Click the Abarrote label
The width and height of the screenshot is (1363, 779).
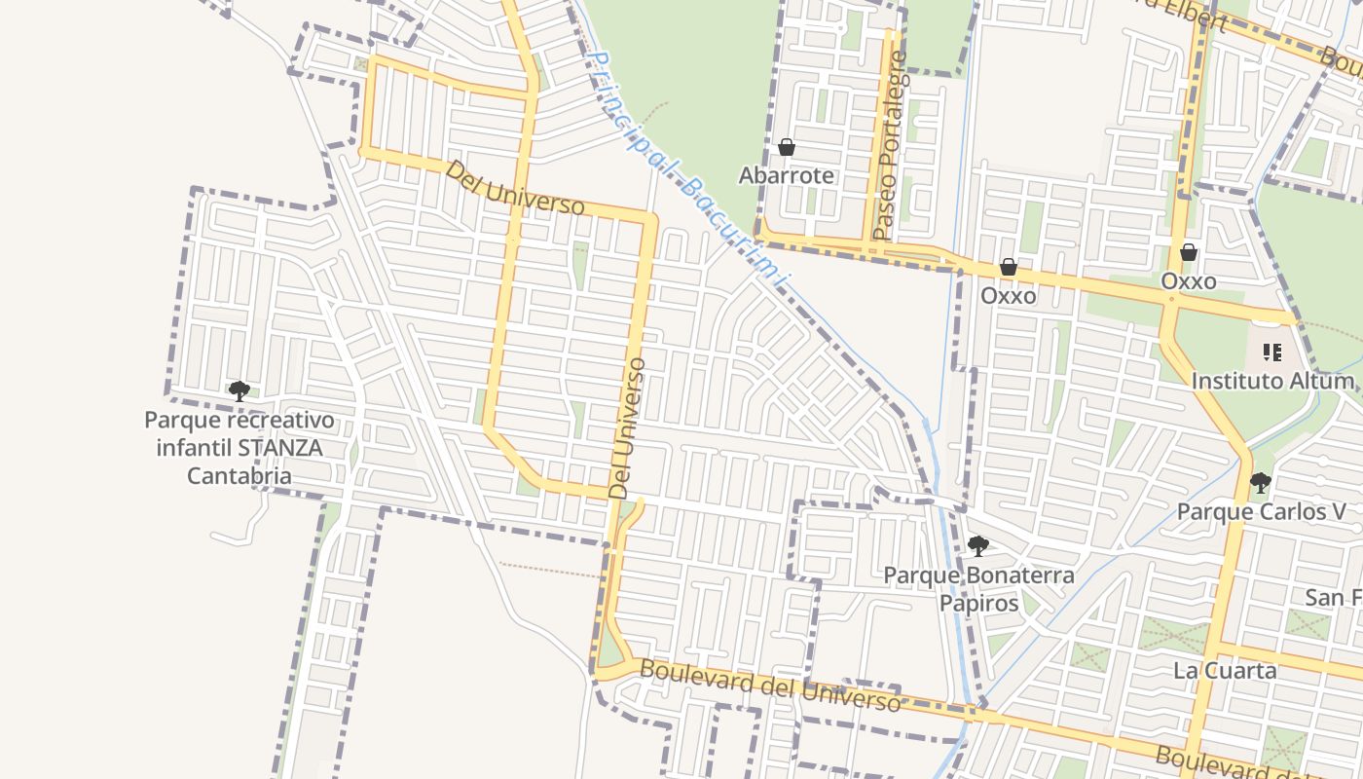787,175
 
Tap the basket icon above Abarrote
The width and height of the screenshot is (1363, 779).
787,147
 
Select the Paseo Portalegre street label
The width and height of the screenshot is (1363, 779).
890,146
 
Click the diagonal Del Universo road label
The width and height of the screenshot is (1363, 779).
515,188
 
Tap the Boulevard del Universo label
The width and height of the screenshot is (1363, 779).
770,686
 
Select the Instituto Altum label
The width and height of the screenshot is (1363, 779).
1272,381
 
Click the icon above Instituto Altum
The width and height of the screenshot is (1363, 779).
1271,352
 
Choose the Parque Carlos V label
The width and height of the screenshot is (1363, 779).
1261,511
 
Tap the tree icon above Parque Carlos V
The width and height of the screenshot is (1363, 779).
1261,482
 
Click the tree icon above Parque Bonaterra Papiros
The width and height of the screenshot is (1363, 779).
978,546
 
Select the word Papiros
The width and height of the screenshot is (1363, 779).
978,604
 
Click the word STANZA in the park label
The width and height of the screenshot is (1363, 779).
280,449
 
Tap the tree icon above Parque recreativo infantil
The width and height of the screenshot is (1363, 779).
239,391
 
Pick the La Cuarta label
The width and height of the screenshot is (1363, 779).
1225,671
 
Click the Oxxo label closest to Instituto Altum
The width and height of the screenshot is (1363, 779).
1189,281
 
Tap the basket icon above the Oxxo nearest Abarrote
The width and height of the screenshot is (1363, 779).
1009,267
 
